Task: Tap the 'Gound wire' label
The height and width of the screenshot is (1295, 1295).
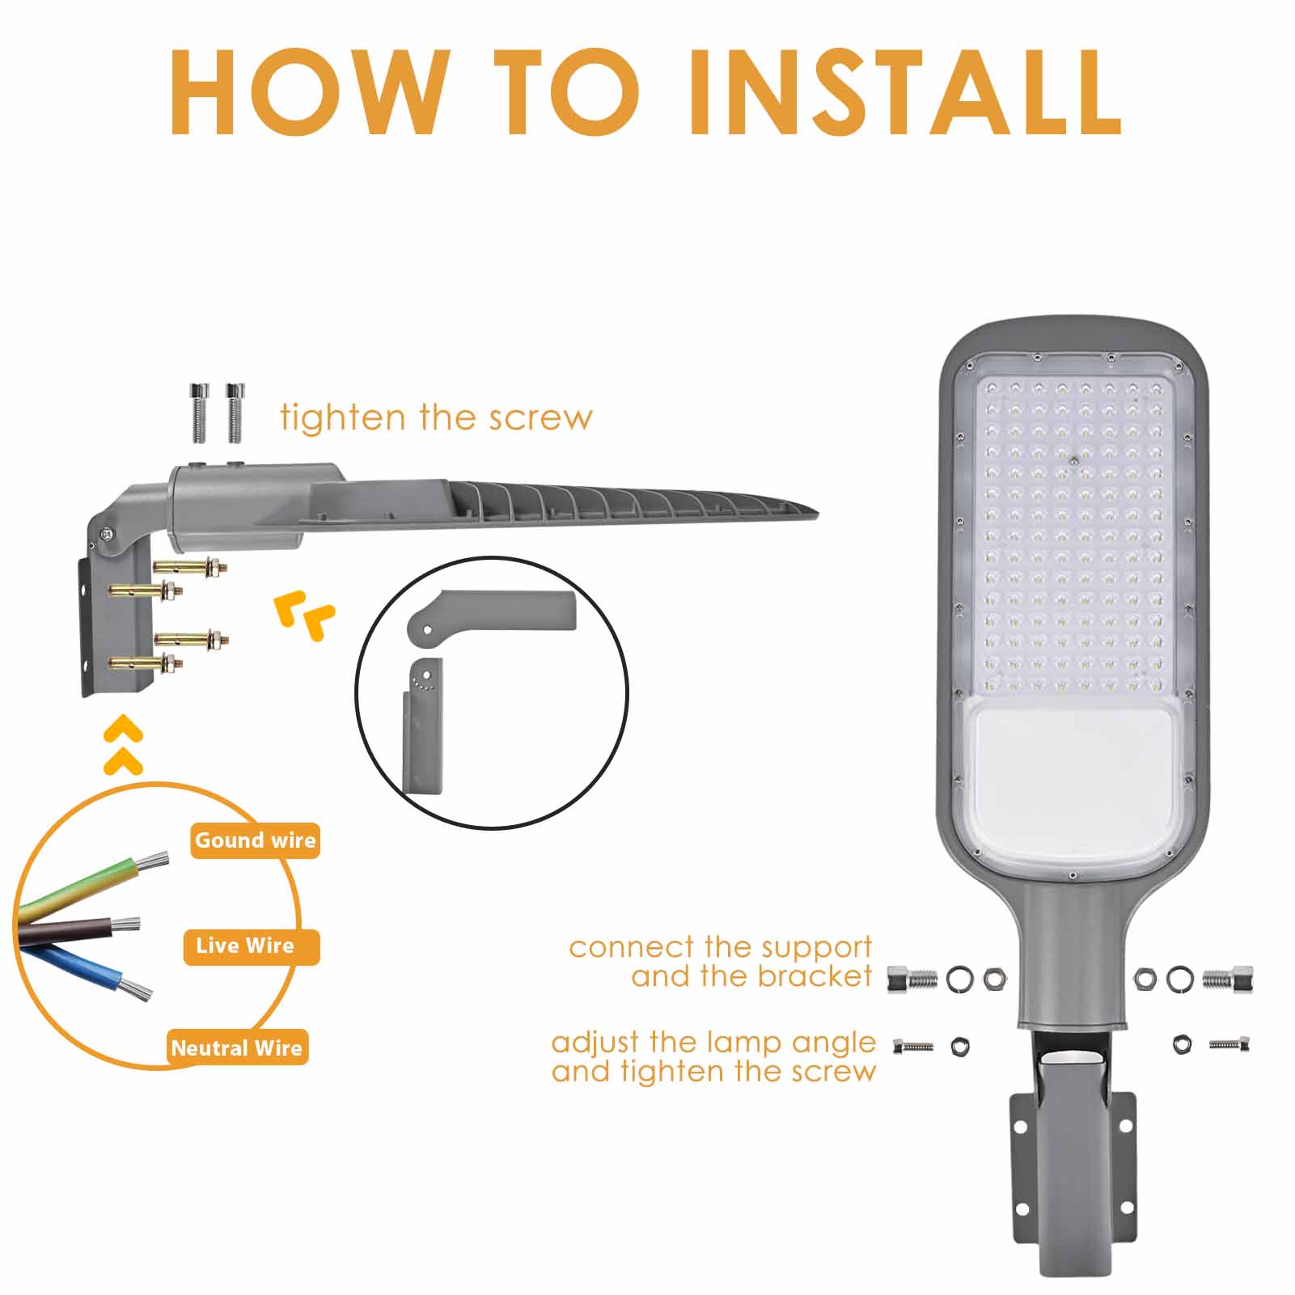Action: coord(255,840)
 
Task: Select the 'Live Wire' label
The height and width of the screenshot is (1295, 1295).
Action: coord(245,946)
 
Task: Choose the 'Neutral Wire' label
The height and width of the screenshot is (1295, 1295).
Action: coord(236,1048)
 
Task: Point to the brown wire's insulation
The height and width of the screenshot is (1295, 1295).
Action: coord(65,930)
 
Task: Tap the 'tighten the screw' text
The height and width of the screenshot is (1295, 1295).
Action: coord(436,417)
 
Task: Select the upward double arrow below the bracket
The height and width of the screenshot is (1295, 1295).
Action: coord(124,745)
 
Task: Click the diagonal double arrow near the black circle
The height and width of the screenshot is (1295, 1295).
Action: coord(303,614)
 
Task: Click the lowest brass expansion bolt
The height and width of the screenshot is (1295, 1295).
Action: coord(146,665)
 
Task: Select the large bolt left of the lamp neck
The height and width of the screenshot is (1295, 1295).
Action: coord(912,980)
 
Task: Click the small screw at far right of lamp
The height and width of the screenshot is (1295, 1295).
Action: coord(1229,1045)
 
